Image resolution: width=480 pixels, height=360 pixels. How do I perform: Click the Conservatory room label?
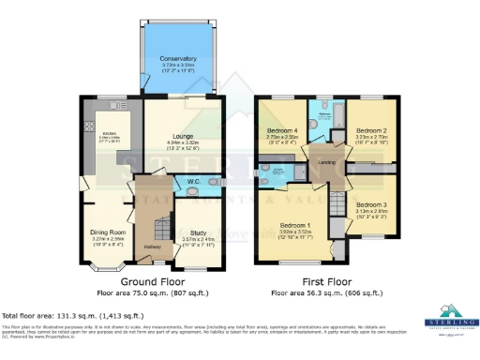pyautogui.click(x=178, y=58)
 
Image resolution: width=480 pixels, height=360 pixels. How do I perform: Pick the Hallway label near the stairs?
pyautogui.click(x=153, y=247)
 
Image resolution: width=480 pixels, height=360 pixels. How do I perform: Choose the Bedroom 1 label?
pyautogui.click(x=295, y=225)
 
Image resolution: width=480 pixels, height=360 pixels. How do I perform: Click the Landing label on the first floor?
pyautogui.click(x=327, y=160)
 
